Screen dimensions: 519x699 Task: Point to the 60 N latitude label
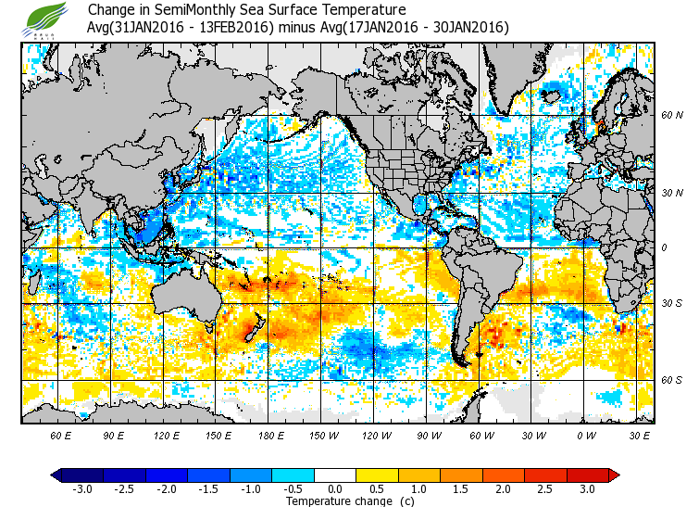pyautogui.click(x=672, y=116)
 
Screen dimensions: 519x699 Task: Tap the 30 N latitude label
pyautogui.click(x=672, y=193)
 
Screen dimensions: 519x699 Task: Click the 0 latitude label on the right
pyautogui.click(x=665, y=248)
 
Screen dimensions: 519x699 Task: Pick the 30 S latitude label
pyautogui.click(x=672, y=303)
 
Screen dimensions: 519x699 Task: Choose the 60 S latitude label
pyautogui.click(x=672, y=380)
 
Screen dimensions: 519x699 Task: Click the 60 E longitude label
pyautogui.click(x=61, y=435)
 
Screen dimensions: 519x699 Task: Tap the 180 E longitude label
pyautogui.click(x=271, y=435)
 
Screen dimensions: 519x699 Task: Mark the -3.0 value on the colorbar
pyautogui.click(x=83, y=488)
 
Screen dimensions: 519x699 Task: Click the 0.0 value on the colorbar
pyautogui.click(x=336, y=488)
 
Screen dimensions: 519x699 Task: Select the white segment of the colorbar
pyautogui.click(x=336, y=475)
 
